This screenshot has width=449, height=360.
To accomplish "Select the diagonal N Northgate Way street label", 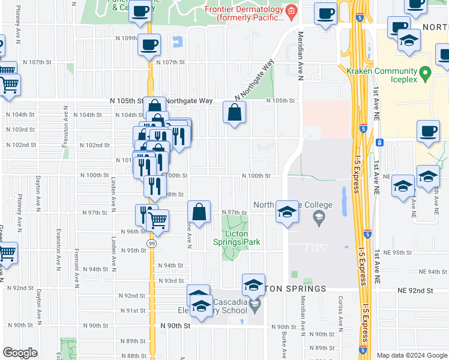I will [x=255, y=79].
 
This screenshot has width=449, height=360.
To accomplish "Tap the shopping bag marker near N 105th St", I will [x=234, y=112].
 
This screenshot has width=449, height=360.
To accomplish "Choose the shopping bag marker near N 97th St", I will [x=199, y=211].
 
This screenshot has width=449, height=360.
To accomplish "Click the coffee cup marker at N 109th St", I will [x=149, y=44].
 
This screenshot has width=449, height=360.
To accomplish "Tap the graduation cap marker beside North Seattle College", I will [x=287, y=212].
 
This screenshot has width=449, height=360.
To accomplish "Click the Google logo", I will [x=20, y=353].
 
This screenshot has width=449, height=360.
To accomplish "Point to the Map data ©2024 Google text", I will [x=412, y=355].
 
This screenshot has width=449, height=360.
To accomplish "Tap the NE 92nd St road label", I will [x=415, y=290].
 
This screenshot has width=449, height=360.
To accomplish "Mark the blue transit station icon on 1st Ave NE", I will [x=379, y=143].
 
